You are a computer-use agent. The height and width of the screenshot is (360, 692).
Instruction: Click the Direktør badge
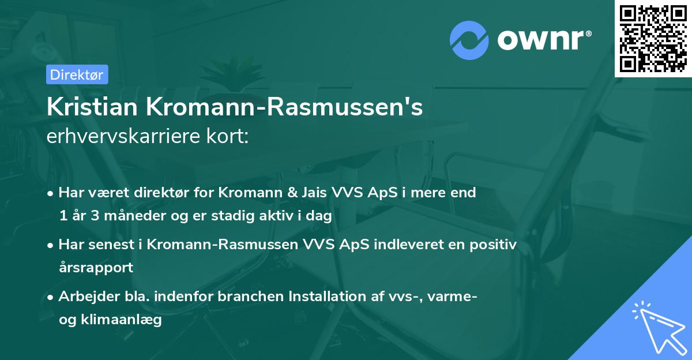click(x=77, y=74)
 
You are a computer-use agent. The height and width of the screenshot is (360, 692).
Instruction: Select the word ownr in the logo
click(x=539, y=39)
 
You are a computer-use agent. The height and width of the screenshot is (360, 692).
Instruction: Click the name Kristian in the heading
click(x=92, y=107)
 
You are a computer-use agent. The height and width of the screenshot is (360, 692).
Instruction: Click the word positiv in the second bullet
click(x=490, y=245)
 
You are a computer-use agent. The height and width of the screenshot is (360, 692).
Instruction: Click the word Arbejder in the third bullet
click(x=86, y=297)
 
